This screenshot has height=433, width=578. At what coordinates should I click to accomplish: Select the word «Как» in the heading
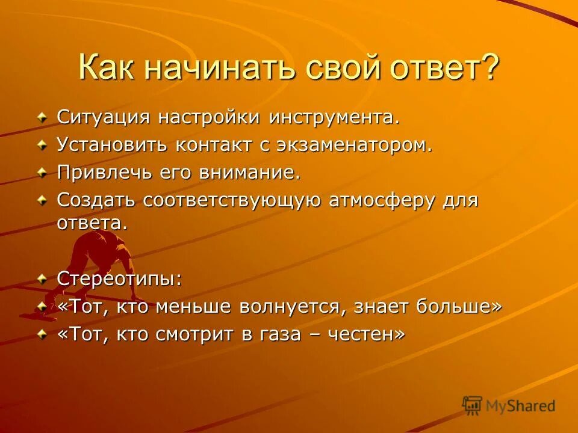tap(107, 67)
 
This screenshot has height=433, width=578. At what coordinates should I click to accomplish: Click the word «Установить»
tap(113, 146)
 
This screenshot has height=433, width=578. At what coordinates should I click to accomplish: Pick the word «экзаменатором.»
tap(352, 146)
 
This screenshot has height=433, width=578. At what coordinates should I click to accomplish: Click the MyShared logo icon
tap(473, 406)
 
